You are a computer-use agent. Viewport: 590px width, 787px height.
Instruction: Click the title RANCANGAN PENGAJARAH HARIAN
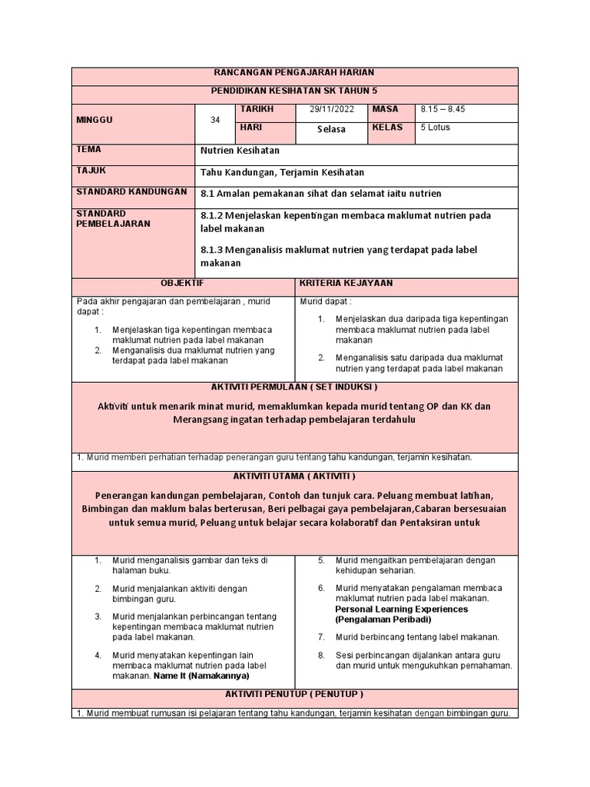coord(294,73)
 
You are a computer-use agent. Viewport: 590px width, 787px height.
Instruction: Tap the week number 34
coord(215,120)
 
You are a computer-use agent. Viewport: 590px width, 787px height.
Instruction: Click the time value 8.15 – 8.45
coord(443,110)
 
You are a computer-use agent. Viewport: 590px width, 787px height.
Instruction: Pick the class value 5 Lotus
coord(436,128)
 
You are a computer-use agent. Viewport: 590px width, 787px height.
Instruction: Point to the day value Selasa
coord(331,129)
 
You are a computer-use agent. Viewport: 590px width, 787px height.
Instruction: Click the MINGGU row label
coord(94,121)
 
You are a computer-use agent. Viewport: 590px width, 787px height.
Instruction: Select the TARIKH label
coord(257,110)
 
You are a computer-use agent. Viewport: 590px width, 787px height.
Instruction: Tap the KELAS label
coord(387,128)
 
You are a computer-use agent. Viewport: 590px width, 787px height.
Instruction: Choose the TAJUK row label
coord(89,171)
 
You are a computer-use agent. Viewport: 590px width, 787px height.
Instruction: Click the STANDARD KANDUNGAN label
coord(131,191)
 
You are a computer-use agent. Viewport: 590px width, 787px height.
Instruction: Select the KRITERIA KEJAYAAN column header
coord(345,284)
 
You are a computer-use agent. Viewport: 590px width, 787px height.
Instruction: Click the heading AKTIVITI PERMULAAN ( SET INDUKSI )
coord(294,387)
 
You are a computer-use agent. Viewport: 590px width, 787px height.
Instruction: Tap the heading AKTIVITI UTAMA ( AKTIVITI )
coord(294,477)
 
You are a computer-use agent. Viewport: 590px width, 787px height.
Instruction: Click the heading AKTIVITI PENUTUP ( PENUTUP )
coord(294,693)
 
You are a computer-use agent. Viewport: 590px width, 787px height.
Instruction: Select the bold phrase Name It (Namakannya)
coord(201,676)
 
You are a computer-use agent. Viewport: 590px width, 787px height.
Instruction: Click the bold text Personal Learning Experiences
coord(401,609)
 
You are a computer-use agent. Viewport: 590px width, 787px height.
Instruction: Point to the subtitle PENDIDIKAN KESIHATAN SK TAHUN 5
coord(294,91)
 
